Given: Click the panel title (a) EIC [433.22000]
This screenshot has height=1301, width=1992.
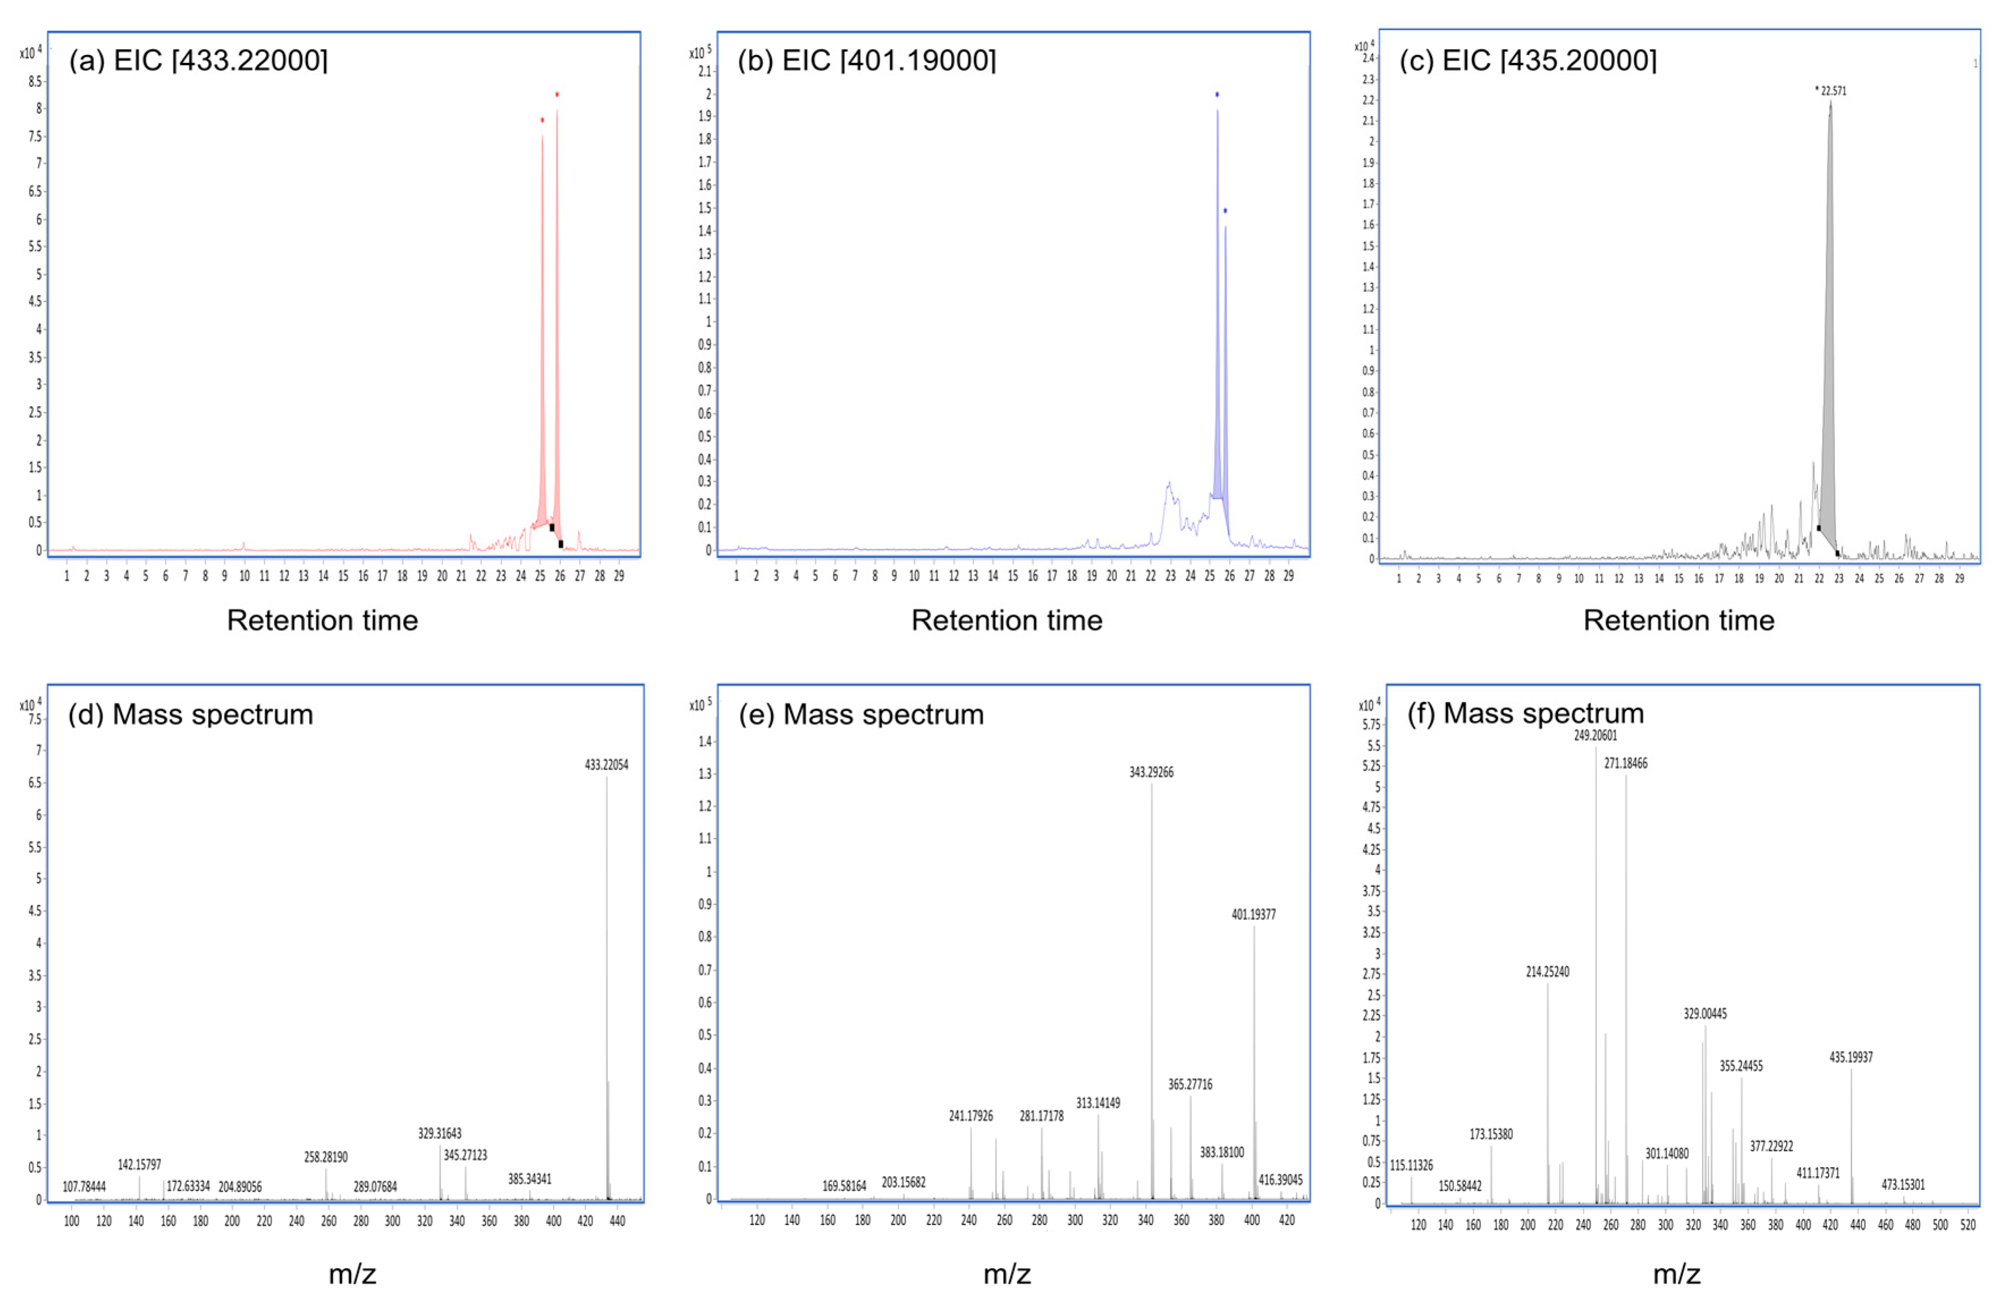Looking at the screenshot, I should (198, 60).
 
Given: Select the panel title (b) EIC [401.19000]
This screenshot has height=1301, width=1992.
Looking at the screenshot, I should (866, 60).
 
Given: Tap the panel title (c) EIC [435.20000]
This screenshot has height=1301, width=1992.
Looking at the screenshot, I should (1528, 60).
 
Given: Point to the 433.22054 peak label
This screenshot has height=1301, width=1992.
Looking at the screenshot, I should (606, 765).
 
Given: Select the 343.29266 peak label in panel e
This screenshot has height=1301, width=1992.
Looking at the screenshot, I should (1151, 772).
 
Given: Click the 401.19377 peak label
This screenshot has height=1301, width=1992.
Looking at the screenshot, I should (1253, 914).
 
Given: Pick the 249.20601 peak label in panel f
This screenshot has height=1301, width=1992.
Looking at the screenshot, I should (1595, 735).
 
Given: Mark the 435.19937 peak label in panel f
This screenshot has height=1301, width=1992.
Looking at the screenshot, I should (1851, 1058).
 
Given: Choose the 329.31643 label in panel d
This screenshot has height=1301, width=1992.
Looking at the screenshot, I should (439, 1134).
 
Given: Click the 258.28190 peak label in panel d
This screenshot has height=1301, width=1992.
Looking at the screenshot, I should (325, 1157).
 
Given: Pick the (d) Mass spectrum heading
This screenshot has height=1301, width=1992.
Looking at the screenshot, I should (191, 714).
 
